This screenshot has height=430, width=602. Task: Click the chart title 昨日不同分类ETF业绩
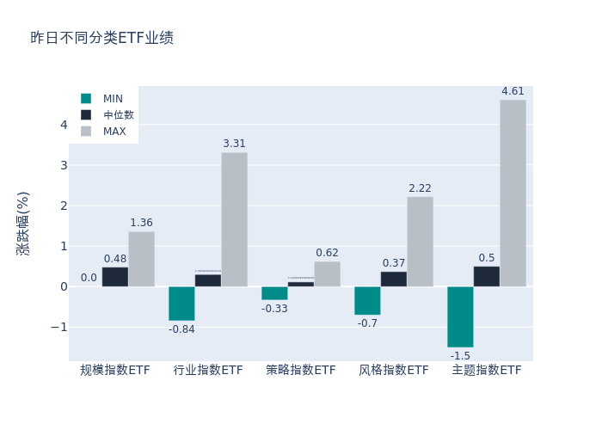pos(101,38)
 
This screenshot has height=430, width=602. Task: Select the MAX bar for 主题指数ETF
pos(513,193)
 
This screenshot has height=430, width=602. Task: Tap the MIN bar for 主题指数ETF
pos(460,316)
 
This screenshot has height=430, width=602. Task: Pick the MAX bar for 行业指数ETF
pos(234,219)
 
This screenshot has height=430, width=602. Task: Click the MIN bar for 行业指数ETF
pos(181,304)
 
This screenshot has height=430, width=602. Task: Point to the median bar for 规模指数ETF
pos(115,277)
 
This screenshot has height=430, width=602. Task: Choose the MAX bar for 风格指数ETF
pos(420,242)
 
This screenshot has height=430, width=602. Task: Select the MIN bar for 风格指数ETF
pos(367,300)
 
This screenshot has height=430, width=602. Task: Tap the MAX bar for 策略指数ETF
pos(327,273)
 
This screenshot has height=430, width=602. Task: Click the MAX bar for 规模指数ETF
pos(141,259)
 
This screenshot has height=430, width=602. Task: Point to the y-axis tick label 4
pos(64,125)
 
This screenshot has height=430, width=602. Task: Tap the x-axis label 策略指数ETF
pos(301,370)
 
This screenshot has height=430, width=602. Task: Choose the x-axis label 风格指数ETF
pos(394,370)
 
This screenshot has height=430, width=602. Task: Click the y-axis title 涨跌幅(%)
pos(23,224)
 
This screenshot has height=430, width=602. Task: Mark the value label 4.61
pos(513,91)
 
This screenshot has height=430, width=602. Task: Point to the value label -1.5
pos(460,355)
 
